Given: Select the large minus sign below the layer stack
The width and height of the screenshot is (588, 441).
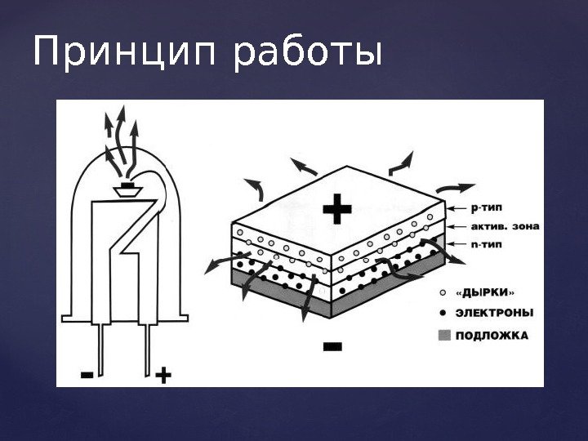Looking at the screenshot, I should [x=334, y=348].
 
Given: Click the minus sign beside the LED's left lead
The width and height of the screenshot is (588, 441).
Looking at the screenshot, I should [x=87, y=374].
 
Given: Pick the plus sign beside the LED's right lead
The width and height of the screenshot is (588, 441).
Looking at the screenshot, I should [x=163, y=375].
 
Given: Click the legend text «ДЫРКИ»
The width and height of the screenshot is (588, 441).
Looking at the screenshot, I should [x=486, y=291].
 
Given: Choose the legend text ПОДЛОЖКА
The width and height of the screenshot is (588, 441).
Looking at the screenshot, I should [x=492, y=334].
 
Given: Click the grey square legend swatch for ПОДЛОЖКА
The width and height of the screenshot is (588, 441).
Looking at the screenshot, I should [x=443, y=334].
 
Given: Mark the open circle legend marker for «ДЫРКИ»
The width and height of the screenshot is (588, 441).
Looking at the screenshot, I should [x=443, y=292].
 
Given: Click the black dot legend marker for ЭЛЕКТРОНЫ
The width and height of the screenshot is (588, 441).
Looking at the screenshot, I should [x=443, y=313].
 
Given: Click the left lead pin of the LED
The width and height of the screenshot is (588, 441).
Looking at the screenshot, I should [x=100, y=347].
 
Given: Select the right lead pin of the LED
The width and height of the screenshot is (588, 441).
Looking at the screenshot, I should [x=149, y=347].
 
